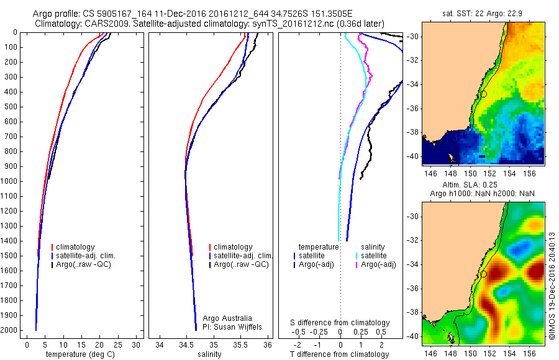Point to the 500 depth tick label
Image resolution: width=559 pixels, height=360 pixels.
[12, 107]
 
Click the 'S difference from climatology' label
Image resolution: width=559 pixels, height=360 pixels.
[340, 323]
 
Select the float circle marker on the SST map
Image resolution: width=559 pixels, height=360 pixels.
[484, 94]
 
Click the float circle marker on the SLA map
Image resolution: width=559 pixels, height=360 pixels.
[484, 274]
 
